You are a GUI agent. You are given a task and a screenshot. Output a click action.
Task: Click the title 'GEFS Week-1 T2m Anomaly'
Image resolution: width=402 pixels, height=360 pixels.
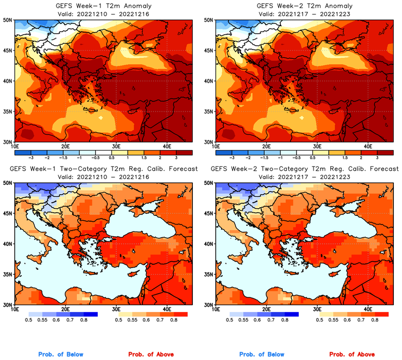tap(103, 5)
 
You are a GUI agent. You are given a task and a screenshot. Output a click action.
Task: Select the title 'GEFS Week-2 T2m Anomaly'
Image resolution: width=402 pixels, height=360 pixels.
tap(305, 5)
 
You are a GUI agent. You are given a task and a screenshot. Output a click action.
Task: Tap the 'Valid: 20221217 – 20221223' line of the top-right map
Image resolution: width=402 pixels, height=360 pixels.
tap(305, 13)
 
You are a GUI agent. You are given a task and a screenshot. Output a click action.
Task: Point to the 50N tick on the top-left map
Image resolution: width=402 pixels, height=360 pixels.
tap(8, 20)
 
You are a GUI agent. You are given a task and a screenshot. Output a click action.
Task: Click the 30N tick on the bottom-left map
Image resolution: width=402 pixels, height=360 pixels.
tap(8, 305)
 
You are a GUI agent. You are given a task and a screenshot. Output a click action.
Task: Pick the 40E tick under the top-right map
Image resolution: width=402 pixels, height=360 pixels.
tap(368, 146)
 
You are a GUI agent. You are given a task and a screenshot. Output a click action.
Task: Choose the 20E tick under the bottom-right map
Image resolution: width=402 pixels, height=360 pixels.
tap(267, 309)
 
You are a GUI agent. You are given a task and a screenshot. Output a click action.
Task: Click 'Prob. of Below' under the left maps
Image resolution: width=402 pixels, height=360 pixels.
tap(61, 355)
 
